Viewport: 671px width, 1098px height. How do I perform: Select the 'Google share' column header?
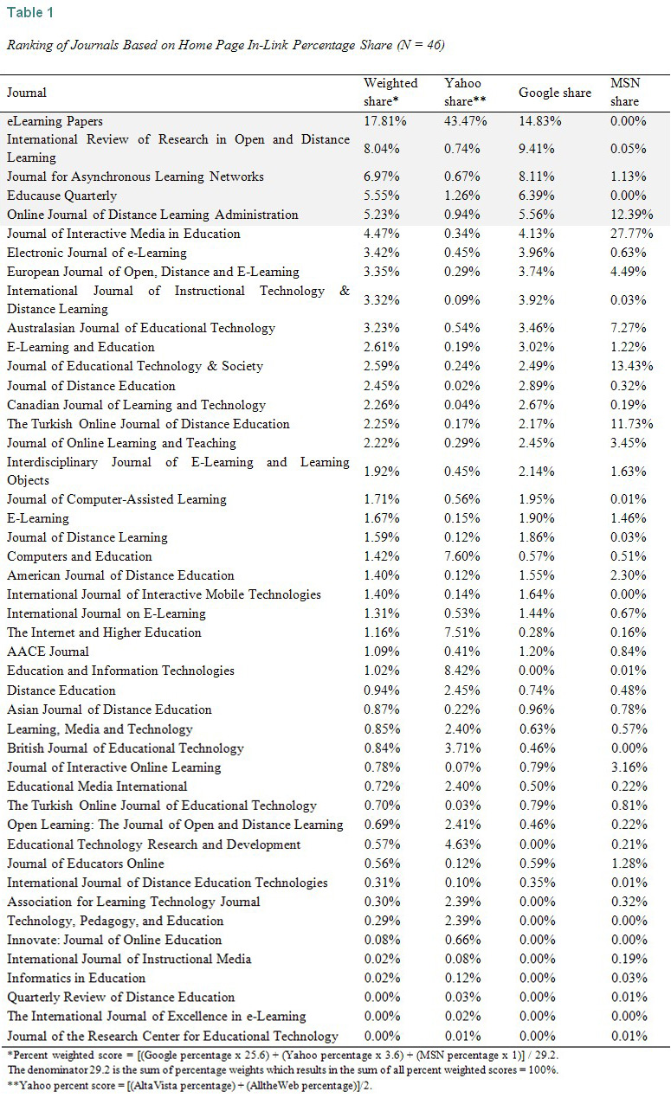point(554,93)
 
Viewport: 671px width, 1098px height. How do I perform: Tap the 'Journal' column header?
point(27,93)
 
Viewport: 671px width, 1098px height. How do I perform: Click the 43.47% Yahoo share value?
point(465,121)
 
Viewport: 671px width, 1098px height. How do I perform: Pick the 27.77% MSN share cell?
point(629,234)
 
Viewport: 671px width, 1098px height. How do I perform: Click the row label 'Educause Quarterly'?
point(61,196)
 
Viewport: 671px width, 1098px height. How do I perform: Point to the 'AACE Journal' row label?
point(48,652)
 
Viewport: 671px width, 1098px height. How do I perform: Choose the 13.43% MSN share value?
point(629,366)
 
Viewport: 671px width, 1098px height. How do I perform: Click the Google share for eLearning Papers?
point(539,121)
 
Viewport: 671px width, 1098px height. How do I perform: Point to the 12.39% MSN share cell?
point(629,215)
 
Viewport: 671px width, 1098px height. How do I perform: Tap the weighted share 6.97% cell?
point(382,177)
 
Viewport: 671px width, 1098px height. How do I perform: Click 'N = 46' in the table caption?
point(420,45)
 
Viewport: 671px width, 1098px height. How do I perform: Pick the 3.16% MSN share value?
point(629,767)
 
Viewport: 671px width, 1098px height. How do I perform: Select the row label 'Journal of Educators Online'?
point(85,864)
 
